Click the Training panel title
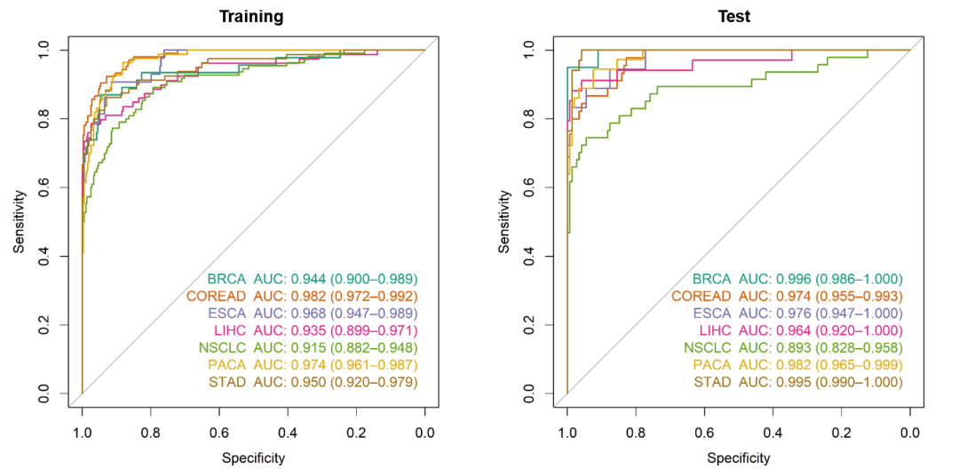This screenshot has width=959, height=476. [x=253, y=17]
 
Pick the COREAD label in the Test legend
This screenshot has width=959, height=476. [x=701, y=296]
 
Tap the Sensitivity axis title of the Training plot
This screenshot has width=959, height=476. [x=19, y=222]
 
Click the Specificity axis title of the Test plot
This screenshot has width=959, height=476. [x=738, y=458]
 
